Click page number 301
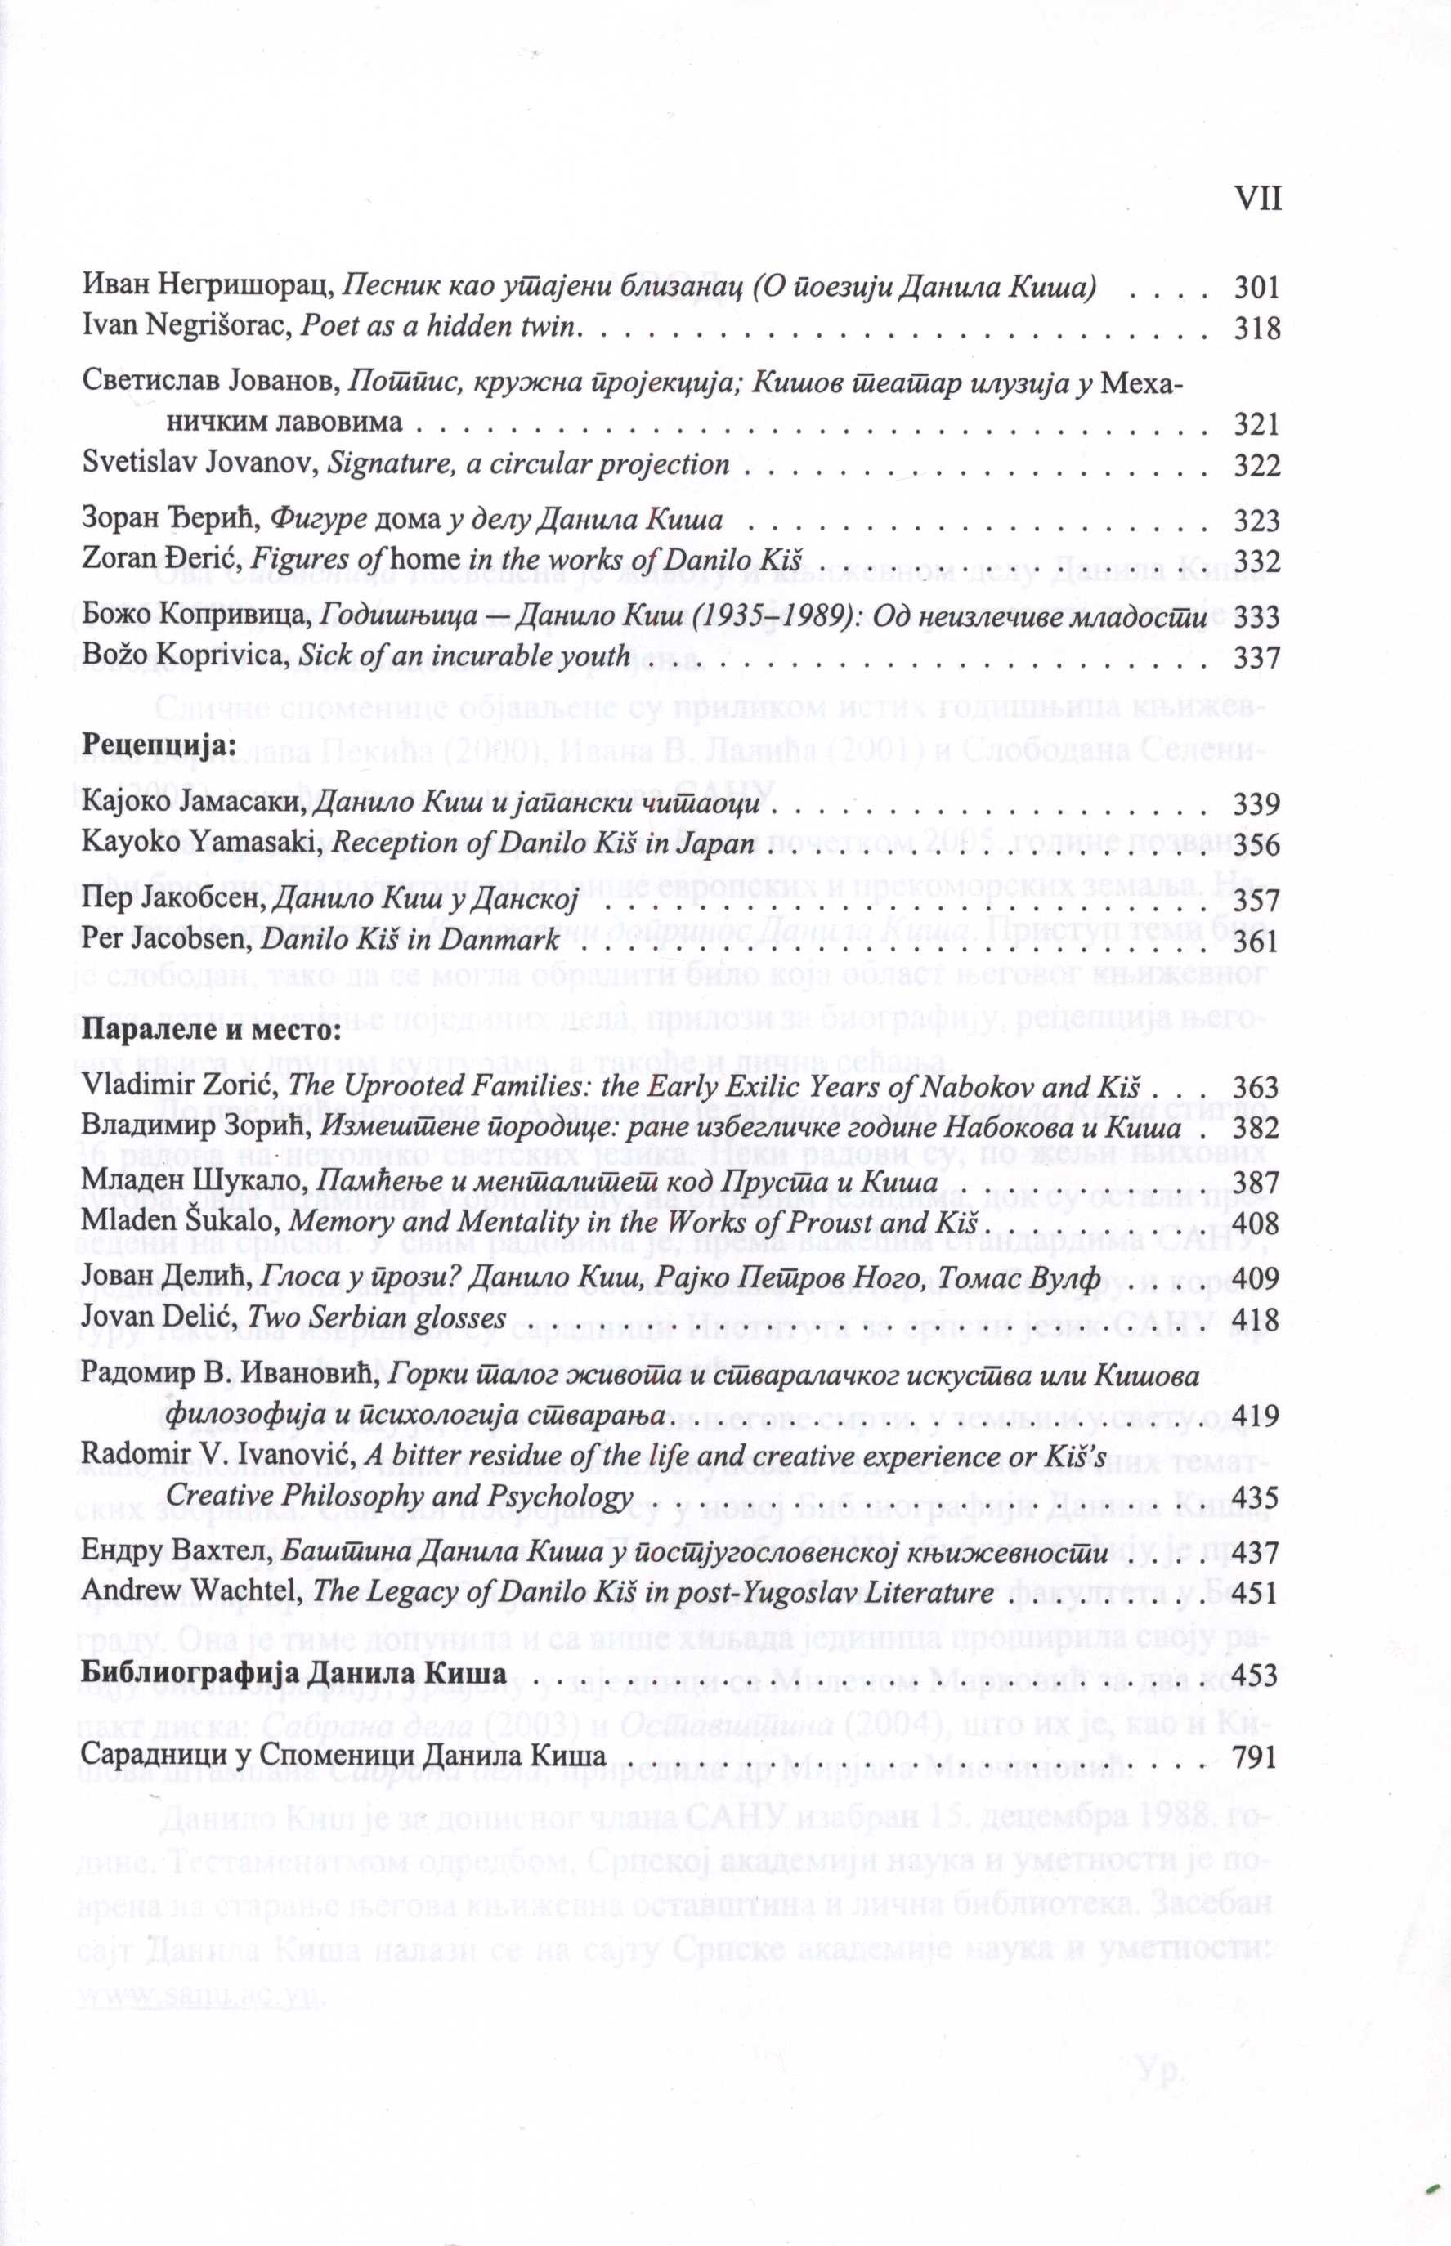click(x=1257, y=288)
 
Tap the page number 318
click(x=1257, y=329)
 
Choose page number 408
click(x=1257, y=1224)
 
